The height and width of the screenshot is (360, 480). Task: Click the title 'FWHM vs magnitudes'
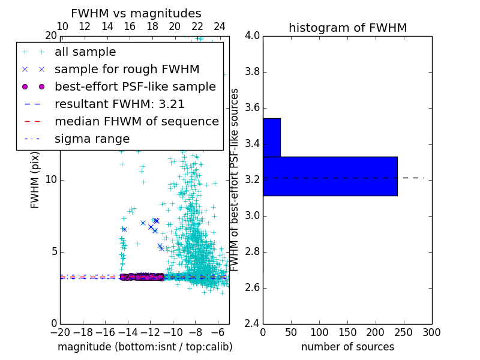[136, 13]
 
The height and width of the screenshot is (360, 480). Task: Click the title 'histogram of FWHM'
[347, 28]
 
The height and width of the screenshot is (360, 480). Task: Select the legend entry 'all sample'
[85, 52]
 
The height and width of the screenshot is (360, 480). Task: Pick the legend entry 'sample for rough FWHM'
[127, 70]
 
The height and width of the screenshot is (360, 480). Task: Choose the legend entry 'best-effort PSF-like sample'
[135, 87]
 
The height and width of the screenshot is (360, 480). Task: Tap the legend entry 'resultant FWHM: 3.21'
[119, 104]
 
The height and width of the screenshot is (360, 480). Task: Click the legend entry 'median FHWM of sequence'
[136, 122]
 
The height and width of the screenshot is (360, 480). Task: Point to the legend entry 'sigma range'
[92, 139]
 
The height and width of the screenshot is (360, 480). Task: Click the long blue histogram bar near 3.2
[330, 176]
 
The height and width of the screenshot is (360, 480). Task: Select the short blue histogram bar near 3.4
[272, 137]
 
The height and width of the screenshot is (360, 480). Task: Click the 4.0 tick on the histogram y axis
[253, 36]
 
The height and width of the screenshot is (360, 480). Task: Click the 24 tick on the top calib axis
[220, 27]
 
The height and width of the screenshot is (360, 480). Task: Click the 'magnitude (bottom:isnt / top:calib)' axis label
[145, 347]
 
